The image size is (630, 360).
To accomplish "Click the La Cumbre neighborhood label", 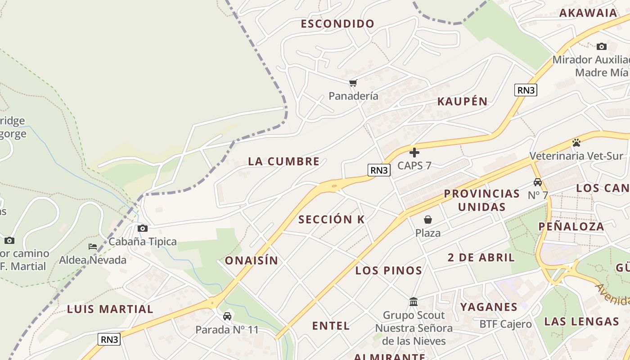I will (x=284, y=162).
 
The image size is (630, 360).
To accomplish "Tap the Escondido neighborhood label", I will (x=337, y=24).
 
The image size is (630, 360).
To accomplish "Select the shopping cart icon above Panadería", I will (x=353, y=83).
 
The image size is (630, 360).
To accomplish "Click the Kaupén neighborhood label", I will (x=463, y=101).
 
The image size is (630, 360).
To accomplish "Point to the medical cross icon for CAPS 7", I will (x=414, y=153).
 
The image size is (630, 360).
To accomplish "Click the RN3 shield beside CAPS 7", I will (x=379, y=170).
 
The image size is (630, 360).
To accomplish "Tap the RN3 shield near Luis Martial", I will (x=109, y=339).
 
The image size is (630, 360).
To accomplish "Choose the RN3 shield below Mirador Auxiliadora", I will (x=526, y=90).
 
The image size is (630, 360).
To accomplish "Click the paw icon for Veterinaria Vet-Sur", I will (x=576, y=143).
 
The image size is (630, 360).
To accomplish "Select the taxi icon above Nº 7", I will (x=538, y=182).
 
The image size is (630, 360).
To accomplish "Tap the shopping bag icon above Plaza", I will (x=428, y=220).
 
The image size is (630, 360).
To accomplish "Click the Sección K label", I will (x=331, y=220).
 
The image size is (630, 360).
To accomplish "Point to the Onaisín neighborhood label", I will (x=252, y=261).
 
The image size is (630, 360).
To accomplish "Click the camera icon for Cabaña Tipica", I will (x=143, y=229).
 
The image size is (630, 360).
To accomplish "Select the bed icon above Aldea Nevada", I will (x=93, y=247).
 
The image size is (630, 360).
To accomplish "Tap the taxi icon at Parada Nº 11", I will (x=227, y=316).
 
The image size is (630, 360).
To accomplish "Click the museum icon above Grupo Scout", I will (x=414, y=301).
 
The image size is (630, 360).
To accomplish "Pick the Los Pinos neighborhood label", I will (x=389, y=270).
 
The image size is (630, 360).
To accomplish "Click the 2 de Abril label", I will (x=481, y=258).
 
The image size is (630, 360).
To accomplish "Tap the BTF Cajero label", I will (x=505, y=324).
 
